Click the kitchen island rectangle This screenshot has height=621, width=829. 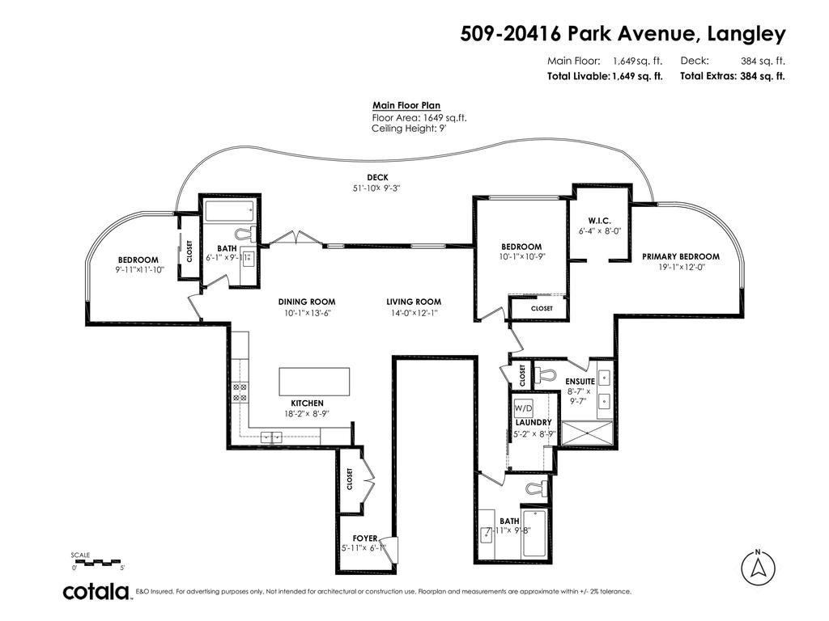tap(314, 381)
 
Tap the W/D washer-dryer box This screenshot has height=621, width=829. tap(523, 409)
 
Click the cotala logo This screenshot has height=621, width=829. tap(97, 591)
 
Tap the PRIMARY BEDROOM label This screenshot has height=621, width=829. tap(680, 256)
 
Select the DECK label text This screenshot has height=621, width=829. tap(376, 178)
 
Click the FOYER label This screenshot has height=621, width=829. tap(365, 538)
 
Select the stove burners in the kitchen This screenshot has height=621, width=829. tap(240, 392)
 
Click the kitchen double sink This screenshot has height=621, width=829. tap(271, 437)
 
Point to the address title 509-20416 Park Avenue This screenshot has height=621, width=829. tap(623, 34)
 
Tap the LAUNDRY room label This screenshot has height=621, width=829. tap(533, 422)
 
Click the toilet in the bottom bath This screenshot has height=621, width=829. tap(536, 488)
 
